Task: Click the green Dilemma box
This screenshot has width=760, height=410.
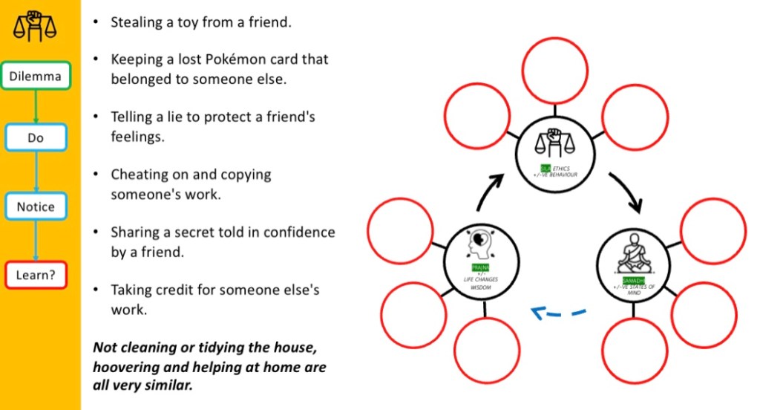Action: [x=36, y=75]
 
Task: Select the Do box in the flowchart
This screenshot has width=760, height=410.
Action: [x=36, y=137]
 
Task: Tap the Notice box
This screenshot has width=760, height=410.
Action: [x=36, y=206]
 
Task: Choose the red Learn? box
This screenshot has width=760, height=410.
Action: [x=36, y=276]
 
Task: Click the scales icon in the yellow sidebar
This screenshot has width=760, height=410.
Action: [x=35, y=27]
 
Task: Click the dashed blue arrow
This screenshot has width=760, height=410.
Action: [x=557, y=314]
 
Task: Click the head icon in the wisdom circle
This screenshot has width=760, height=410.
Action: [x=479, y=246]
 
